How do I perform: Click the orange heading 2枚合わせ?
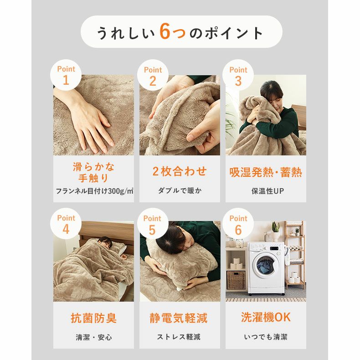click(x=180, y=171)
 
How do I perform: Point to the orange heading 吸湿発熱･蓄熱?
click(x=266, y=172)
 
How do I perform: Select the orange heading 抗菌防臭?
click(x=93, y=318)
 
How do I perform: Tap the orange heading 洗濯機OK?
click(x=266, y=318)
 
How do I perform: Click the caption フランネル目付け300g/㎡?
click(x=94, y=190)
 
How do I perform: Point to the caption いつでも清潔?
click(x=266, y=337)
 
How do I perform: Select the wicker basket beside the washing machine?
click(x=236, y=280)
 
